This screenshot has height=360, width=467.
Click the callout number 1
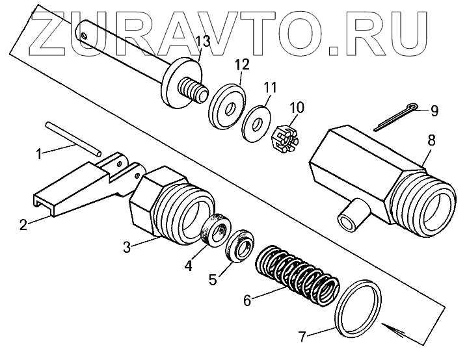[x=39, y=154]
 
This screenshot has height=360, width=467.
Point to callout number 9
[x=434, y=111]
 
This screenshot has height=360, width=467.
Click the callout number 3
[x=128, y=246]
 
